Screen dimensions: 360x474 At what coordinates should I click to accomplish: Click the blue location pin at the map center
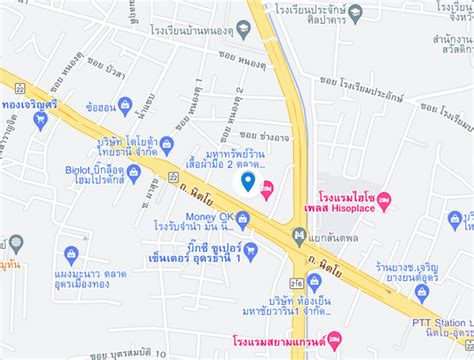pyautogui.click(x=248, y=181)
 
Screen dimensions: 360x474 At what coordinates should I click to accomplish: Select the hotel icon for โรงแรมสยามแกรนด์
pyautogui.click(x=334, y=338)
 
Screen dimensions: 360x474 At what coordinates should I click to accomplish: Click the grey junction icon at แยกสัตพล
pyautogui.click(x=298, y=235)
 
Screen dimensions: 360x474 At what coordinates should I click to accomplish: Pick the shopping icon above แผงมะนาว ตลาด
pyautogui.click(x=71, y=255)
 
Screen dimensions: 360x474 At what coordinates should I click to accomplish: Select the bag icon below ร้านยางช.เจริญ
pyautogui.click(x=421, y=292)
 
